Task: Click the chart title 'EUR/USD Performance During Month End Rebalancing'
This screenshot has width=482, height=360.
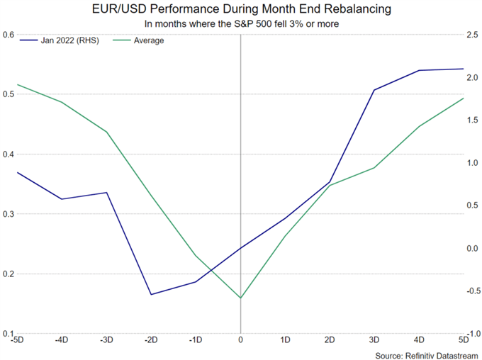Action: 241,11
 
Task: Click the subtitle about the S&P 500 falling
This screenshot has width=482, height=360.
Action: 241,25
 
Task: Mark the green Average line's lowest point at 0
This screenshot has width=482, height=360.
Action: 240,298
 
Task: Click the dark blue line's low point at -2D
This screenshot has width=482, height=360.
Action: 151,294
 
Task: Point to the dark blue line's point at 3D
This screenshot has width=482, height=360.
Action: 374,90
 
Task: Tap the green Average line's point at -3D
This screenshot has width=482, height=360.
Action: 106,132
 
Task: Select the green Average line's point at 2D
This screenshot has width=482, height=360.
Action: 330,186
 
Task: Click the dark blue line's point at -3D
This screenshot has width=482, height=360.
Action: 106,193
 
